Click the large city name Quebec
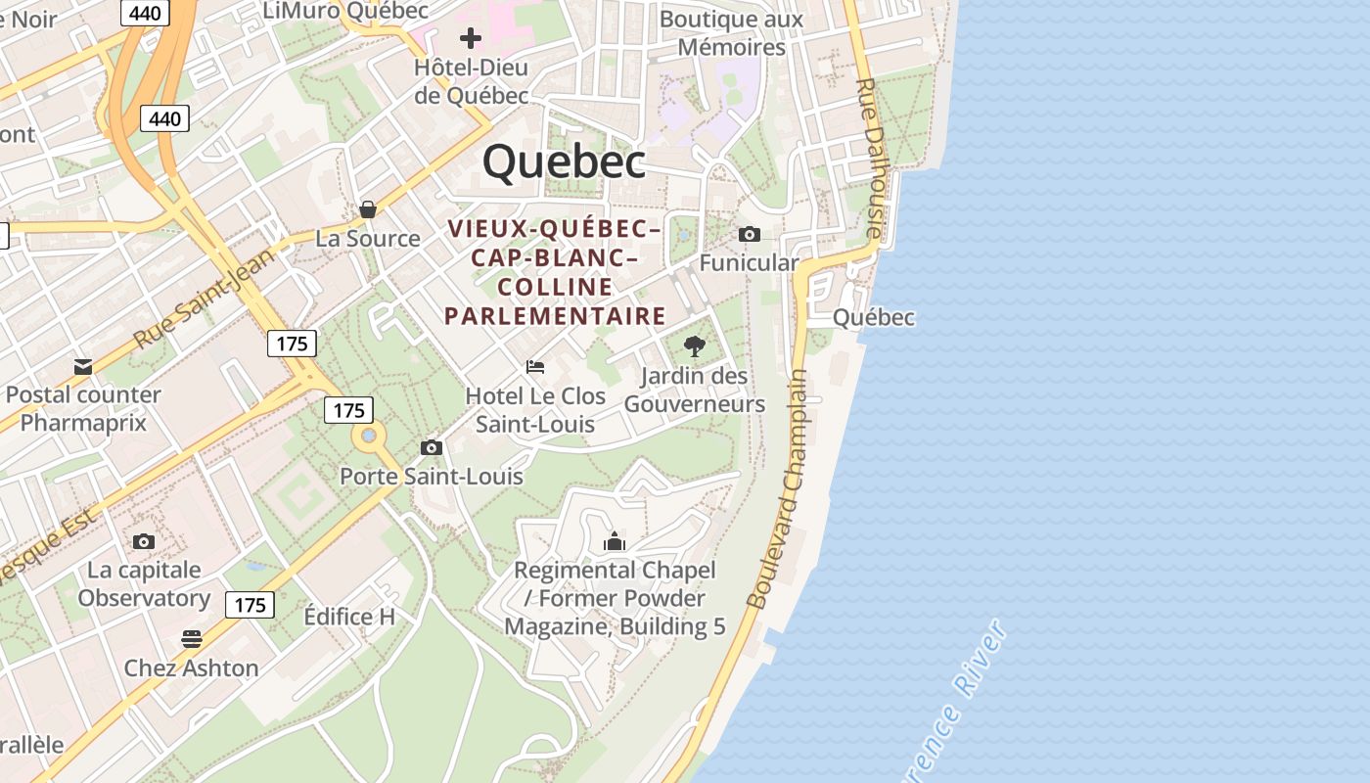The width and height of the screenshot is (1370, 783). pos(565,161)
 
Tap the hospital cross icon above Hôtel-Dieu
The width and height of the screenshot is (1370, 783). pos(471,38)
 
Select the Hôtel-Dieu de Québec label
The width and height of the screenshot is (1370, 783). pos(471,81)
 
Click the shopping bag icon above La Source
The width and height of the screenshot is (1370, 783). pos(368,209)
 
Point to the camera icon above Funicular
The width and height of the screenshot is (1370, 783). pos(750,234)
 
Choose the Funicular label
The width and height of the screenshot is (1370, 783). pos(749,262)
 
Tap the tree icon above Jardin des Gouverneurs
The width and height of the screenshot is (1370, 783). pos(695,345)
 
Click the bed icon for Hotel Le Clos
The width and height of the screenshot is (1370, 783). pos(535,367)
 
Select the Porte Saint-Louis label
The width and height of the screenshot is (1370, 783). pos(432,477)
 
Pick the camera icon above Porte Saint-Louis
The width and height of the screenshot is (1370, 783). pos(432,448)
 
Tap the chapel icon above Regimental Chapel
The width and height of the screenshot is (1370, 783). pos(615,541)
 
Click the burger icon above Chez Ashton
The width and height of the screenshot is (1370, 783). pos(192,640)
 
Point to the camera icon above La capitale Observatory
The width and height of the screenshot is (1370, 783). pos(144,541)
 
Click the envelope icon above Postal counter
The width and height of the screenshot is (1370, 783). pos(83,367)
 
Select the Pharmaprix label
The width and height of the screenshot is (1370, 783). pos(83,423)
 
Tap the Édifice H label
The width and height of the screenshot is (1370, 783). pos(349,617)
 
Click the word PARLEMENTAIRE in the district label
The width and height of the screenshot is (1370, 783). pos(556,316)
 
